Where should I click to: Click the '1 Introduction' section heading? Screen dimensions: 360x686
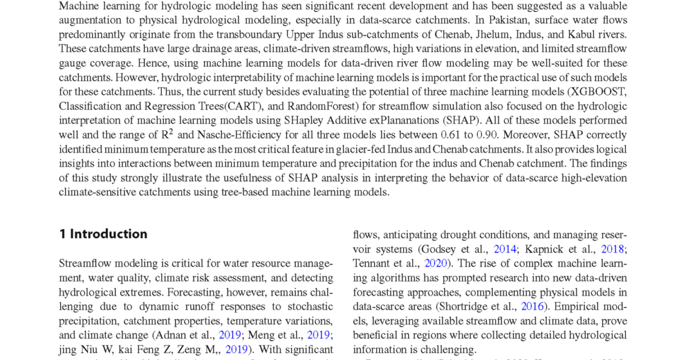[x=103, y=234]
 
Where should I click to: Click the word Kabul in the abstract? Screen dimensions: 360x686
[x=577, y=35]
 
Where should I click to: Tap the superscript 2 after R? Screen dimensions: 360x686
[x=170, y=131]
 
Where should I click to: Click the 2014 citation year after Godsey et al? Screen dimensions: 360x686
[x=505, y=249]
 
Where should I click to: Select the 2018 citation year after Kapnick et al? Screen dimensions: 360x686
[x=612, y=249]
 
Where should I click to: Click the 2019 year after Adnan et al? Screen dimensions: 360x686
[x=230, y=335]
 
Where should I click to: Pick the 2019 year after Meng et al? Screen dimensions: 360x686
[x=318, y=335]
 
